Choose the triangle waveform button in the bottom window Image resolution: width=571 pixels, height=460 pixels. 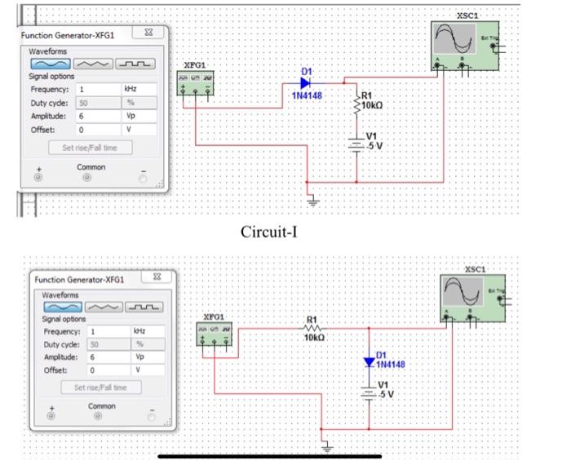pyautogui.click(x=106, y=306)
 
